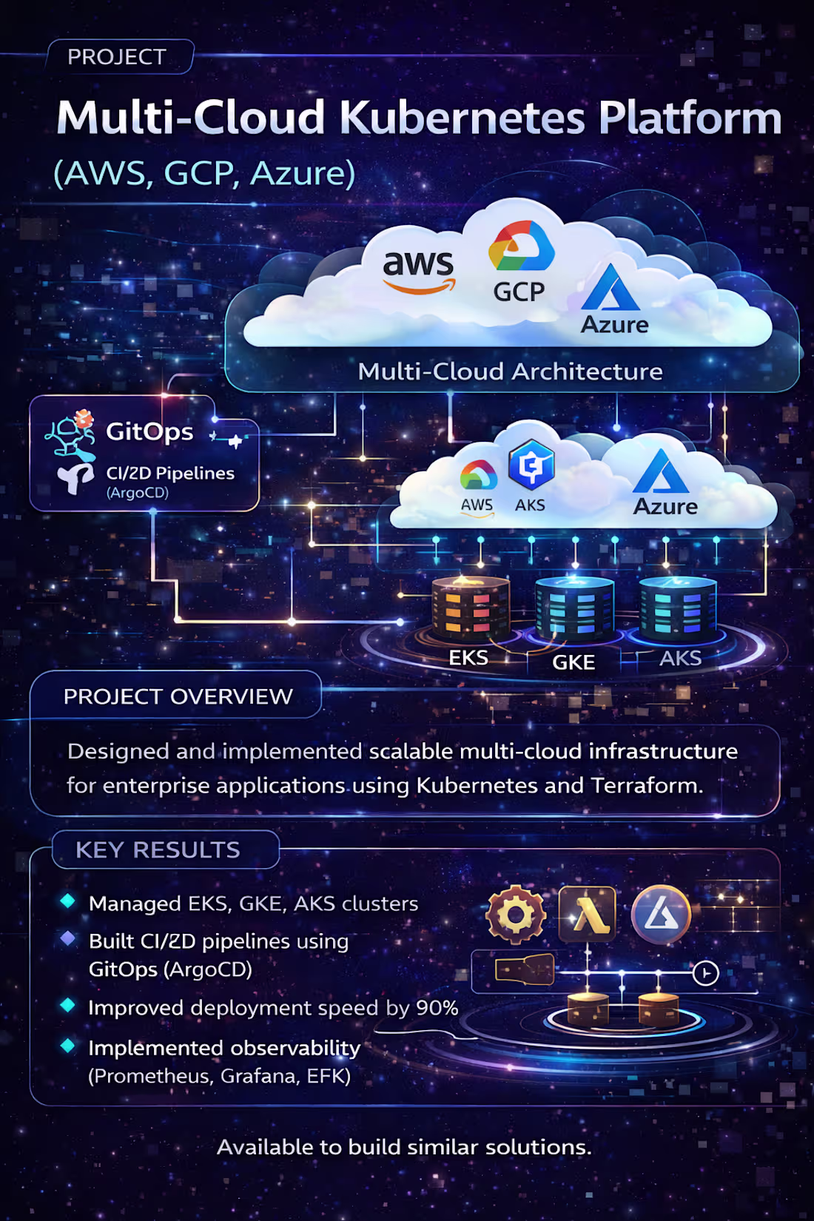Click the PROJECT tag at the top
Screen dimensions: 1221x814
click(117, 57)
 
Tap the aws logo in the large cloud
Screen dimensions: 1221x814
click(418, 270)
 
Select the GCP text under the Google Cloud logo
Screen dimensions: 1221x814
click(519, 292)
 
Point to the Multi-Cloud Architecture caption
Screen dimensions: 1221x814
click(510, 371)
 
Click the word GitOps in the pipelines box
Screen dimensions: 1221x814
click(149, 431)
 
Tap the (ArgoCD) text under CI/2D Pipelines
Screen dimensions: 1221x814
click(138, 493)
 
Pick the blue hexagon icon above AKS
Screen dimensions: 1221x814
click(531, 465)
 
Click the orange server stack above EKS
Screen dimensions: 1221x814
click(471, 608)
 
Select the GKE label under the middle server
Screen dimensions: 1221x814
click(573, 662)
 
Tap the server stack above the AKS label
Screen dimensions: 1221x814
click(678, 608)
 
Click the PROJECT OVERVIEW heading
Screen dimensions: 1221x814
click(178, 696)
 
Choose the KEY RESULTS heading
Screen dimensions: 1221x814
click(158, 850)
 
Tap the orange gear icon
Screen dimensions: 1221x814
click(516, 915)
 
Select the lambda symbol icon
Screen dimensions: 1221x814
click(588, 915)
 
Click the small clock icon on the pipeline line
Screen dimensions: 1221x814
click(705, 972)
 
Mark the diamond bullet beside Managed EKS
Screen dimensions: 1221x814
click(68, 901)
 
